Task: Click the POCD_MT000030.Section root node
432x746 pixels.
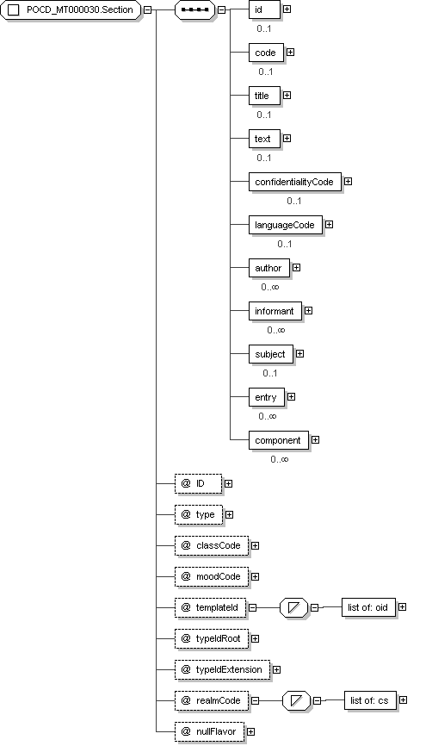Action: (71, 10)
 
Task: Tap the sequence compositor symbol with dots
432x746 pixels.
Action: (194, 10)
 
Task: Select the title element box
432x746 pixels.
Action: (265, 96)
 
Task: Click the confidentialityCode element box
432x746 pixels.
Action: (295, 182)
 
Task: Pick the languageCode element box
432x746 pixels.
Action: (285, 225)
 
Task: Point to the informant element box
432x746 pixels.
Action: (275, 311)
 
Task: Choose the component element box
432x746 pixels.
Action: (279, 440)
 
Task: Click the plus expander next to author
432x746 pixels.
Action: (297, 268)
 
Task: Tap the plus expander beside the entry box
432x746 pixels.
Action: (292, 397)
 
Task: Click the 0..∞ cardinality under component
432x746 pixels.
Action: (280, 459)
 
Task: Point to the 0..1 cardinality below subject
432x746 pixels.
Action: (270, 373)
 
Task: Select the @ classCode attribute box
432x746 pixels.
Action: (212, 545)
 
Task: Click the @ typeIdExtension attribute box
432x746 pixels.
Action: (222, 669)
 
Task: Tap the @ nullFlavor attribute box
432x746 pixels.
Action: (210, 731)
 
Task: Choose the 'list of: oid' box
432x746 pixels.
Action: (368, 607)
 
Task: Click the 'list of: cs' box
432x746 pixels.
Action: (370, 700)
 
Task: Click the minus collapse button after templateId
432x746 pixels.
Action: (253, 607)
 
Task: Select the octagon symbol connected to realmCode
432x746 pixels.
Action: (297, 700)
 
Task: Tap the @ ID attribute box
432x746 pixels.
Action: (198, 483)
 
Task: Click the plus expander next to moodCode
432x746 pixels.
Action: (256, 576)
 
